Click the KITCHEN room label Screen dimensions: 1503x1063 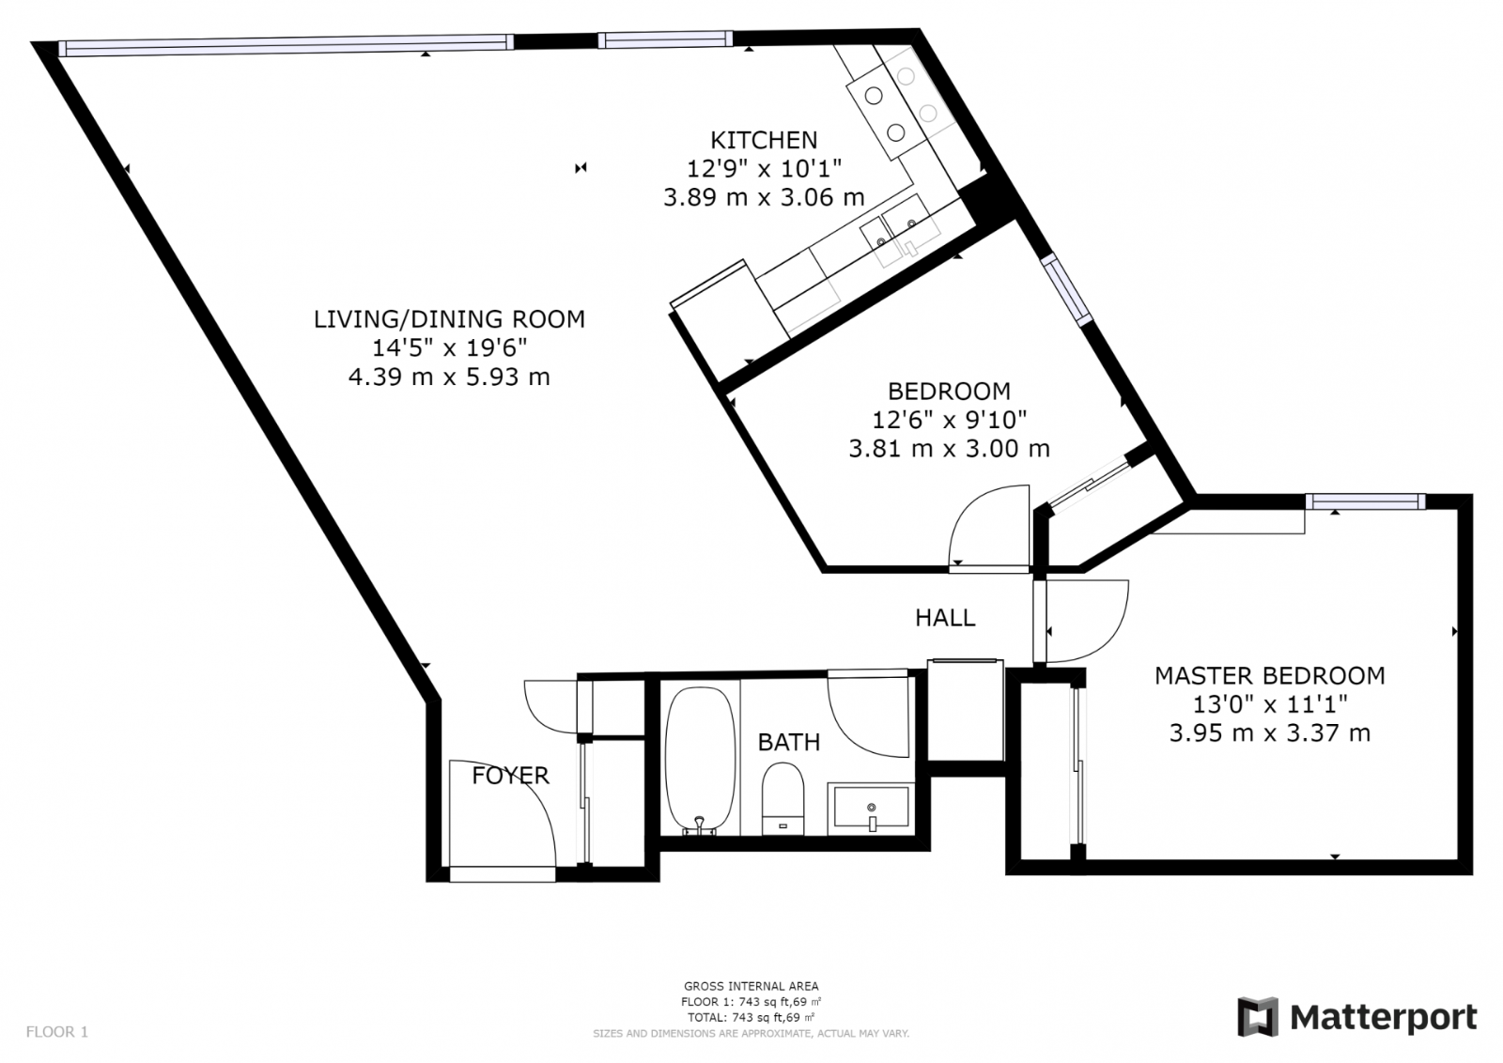pos(764,140)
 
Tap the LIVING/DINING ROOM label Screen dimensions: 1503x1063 pos(450,319)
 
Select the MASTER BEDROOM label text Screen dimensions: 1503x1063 pos(1269,675)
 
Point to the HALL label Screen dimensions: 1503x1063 pos(945,618)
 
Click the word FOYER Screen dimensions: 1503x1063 pos(511,776)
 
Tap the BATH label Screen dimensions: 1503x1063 pos(789,743)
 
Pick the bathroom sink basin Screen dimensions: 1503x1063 pos(871,808)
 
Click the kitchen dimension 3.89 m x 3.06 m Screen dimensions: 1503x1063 pos(764,198)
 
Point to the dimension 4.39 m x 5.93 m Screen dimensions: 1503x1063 pos(450,377)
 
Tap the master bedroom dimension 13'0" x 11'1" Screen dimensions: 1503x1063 pos(1269,704)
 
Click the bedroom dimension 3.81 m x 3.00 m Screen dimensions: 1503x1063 pos(949,449)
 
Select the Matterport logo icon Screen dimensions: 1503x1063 pos(1258,1017)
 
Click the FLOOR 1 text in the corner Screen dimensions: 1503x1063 pos(57,1031)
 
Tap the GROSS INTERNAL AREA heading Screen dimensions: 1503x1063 pos(751,986)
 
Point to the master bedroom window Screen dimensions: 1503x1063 pos(1366,501)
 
